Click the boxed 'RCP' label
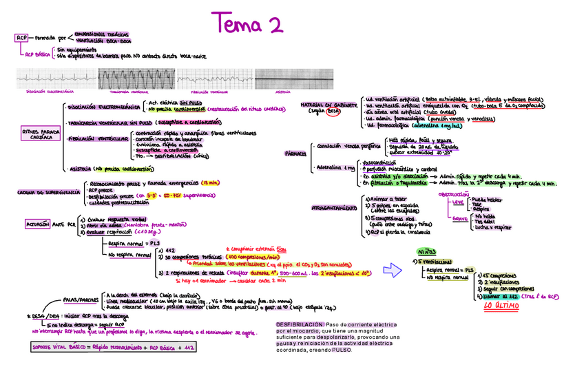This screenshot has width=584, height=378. [x=22, y=38]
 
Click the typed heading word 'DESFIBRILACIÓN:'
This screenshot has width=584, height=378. [x=299, y=324]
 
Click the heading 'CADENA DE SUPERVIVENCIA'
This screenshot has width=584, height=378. [x=45, y=193]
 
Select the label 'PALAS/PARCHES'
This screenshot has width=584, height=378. [x=81, y=300]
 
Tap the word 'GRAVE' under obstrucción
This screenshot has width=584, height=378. [x=460, y=219]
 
